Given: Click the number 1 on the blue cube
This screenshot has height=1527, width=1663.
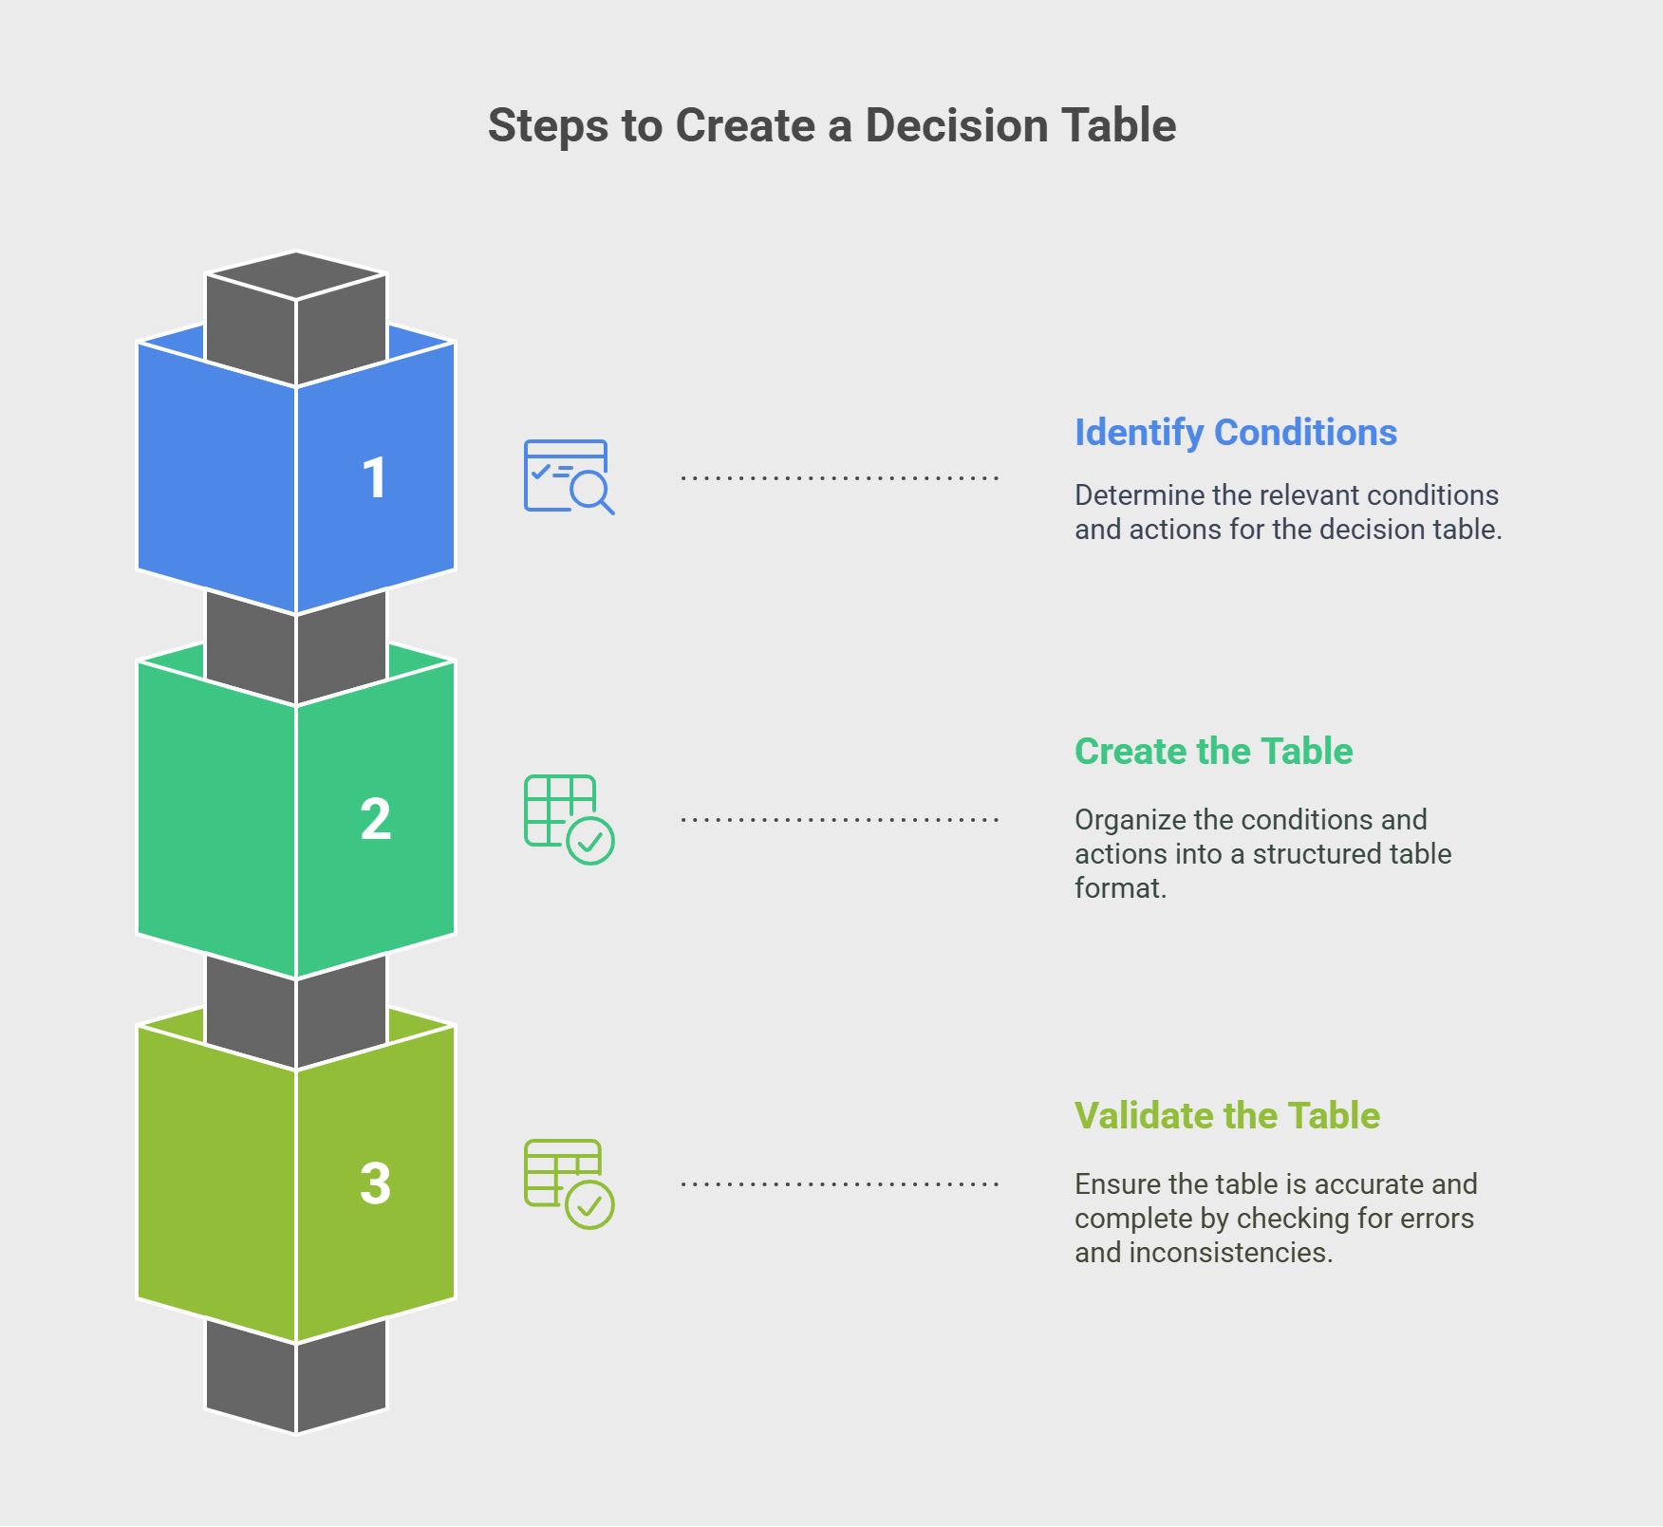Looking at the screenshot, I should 375,477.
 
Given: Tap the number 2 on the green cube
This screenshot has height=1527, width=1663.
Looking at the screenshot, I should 375,819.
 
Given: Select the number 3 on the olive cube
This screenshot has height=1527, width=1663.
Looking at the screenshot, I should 375,1183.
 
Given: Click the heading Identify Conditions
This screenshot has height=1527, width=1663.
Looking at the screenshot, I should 1235,433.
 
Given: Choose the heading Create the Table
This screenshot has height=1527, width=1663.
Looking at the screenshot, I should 1213,752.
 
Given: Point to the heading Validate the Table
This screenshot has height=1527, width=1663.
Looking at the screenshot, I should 1226,1116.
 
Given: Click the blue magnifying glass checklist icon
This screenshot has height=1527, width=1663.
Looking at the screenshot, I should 569,476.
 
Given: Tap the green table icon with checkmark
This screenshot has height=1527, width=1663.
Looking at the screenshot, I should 569,819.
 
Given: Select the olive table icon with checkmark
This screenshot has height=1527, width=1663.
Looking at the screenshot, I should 569,1183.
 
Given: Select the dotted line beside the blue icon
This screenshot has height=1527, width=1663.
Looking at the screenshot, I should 839,477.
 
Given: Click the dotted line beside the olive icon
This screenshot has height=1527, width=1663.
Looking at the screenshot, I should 839,1183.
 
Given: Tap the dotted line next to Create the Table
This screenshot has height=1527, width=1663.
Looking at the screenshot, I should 839,819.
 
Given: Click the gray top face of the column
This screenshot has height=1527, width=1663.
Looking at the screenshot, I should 296,275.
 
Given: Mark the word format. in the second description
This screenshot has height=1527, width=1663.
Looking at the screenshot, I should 1120,888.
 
